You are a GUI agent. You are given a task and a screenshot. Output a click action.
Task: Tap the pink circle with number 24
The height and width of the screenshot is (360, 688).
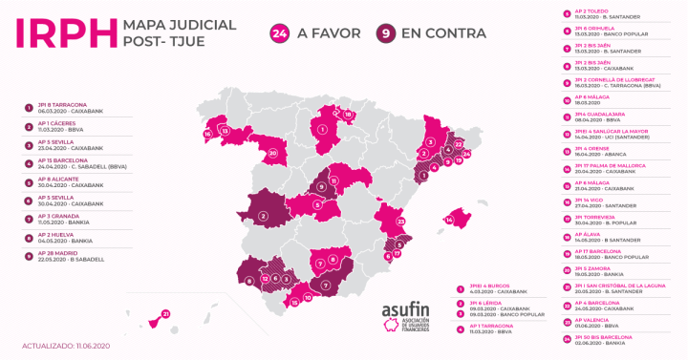click(280, 33)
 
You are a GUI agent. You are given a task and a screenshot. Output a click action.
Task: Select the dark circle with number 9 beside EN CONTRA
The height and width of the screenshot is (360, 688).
click(387, 33)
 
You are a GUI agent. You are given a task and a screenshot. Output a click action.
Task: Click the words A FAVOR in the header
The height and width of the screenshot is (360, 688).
click(330, 33)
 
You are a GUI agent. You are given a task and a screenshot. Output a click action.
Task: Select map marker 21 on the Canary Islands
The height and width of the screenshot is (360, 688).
click(165, 313)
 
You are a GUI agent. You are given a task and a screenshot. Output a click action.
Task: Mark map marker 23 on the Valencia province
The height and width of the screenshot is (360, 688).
click(401, 222)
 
